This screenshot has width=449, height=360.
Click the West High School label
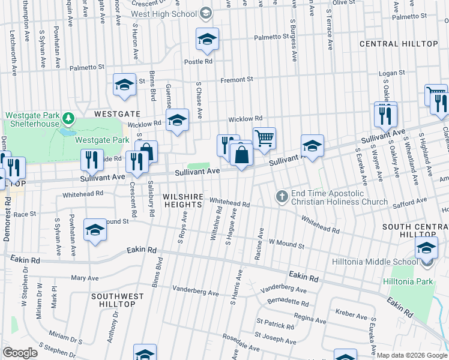point(164,13)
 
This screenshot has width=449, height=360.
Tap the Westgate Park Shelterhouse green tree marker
point(68,116)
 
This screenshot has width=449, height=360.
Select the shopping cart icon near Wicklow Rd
point(264,138)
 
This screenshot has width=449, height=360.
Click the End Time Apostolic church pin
point(282,196)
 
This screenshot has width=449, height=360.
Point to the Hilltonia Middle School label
point(375,262)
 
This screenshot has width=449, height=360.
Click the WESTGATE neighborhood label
point(117,113)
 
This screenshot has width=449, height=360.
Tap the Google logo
point(20,353)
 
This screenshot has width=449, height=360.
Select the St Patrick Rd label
point(274,325)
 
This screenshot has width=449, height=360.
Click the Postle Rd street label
point(199,61)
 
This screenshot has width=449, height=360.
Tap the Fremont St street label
point(237,79)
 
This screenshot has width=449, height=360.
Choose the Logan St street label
point(393,73)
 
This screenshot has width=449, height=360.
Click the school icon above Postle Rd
point(207,40)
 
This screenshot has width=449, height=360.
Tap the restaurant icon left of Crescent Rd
point(92,160)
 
